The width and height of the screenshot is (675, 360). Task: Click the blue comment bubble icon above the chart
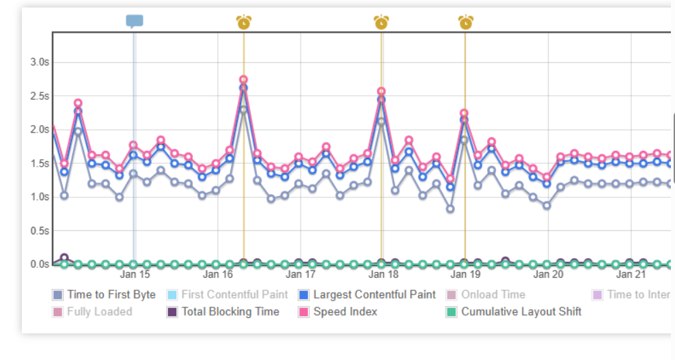point(135,21)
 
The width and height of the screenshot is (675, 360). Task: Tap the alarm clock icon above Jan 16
point(244,23)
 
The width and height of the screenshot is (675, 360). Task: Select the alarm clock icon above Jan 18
point(381,23)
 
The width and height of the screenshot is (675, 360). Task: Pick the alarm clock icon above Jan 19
point(465,23)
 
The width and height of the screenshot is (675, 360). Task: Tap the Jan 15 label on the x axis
point(135,275)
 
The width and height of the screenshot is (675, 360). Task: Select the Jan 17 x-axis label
point(300,275)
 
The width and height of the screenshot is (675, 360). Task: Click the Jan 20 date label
point(548,275)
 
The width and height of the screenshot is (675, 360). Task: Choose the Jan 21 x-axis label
point(631,275)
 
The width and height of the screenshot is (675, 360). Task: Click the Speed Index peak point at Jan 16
point(243,80)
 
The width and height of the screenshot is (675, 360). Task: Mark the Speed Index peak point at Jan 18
point(381,91)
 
